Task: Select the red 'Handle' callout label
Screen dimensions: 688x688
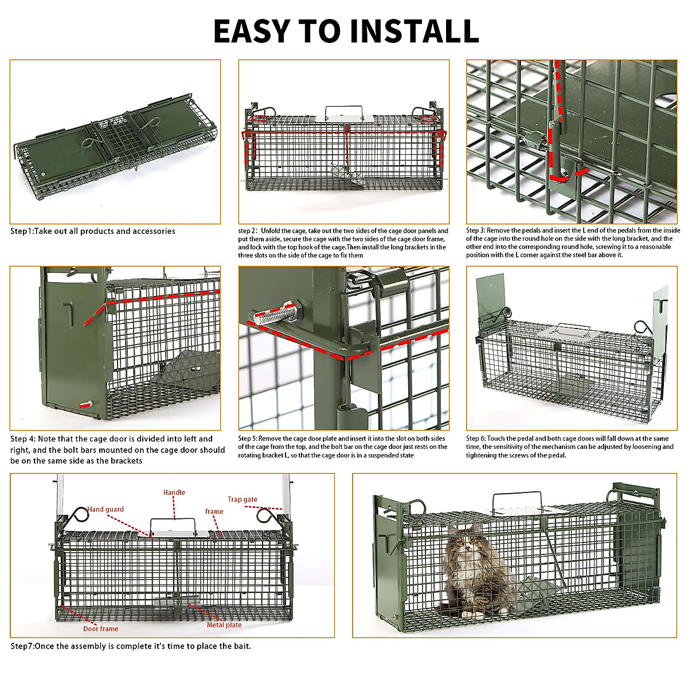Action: tap(174, 492)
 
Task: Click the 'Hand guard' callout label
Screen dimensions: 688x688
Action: tap(105, 509)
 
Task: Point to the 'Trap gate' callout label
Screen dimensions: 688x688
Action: tap(242, 499)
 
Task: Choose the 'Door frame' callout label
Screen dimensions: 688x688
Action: tap(100, 629)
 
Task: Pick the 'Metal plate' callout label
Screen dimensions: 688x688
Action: tap(224, 625)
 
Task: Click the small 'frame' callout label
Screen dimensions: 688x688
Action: tap(214, 511)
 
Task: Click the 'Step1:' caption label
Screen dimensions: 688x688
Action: tap(22, 231)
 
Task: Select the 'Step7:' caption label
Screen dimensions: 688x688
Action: tap(22, 646)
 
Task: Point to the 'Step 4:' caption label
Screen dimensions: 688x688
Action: tap(23, 439)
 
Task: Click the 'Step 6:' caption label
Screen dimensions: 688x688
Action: tap(476, 439)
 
